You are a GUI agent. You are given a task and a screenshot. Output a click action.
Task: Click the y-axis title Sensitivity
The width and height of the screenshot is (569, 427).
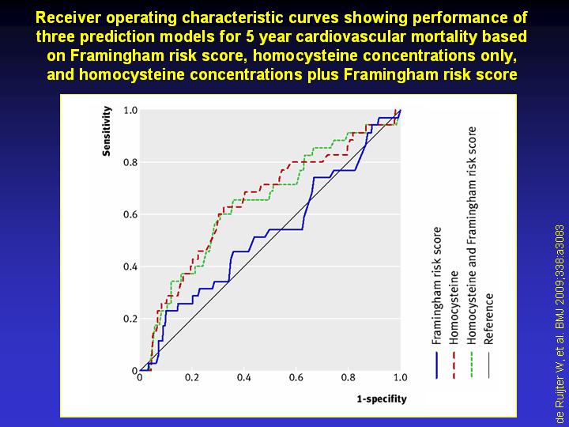click(x=107, y=131)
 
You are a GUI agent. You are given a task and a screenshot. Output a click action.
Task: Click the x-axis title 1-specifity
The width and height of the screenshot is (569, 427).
click(x=382, y=399)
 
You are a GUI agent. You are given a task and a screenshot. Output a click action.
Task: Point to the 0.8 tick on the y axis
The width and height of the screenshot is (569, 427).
click(x=130, y=162)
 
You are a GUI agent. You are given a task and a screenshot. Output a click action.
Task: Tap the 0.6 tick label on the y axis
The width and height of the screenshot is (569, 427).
click(x=130, y=214)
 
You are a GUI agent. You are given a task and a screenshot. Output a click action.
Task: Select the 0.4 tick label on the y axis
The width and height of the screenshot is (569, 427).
click(x=130, y=267)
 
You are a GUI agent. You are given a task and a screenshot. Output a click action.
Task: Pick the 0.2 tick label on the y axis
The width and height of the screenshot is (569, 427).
click(x=130, y=319)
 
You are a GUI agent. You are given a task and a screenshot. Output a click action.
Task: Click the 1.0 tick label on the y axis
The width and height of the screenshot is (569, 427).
click(x=130, y=110)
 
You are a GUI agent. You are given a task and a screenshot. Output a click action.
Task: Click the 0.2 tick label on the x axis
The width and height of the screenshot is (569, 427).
click(x=192, y=378)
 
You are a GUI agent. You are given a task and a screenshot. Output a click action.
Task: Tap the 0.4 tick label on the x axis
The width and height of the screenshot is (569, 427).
click(x=244, y=378)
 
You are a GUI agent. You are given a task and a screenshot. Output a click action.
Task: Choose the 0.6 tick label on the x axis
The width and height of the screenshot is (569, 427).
click(x=296, y=378)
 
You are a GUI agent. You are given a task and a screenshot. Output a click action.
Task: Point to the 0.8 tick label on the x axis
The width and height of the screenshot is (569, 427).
click(x=349, y=378)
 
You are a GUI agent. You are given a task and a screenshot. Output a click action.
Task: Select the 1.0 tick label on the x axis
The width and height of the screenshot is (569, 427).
click(x=400, y=378)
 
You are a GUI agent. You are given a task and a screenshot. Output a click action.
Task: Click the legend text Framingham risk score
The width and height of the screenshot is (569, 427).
click(x=436, y=285)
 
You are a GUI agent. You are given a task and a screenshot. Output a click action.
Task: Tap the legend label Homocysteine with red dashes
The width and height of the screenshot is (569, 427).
click(x=454, y=308)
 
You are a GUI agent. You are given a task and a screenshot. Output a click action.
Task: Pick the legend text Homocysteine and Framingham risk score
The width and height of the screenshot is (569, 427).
click(x=471, y=236)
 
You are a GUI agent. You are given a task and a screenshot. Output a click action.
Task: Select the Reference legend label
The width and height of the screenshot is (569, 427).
click(x=488, y=319)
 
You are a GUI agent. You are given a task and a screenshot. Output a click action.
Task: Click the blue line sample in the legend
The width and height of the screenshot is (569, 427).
click(x=436, y=365)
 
